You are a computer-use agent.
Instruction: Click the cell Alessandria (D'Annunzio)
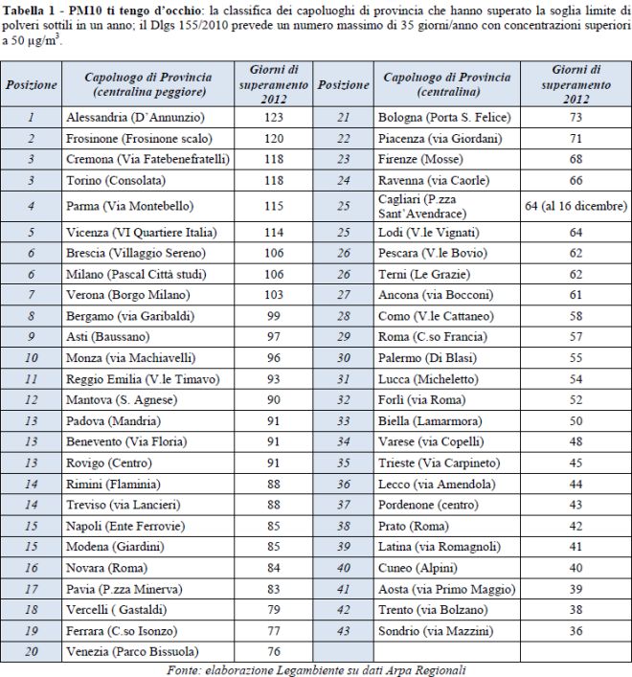pyautogui.click(x=134, y=117)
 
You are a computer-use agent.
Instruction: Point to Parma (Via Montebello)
pyautogui.click(x=129, y=206)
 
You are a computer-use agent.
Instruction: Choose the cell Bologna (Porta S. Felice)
pyautogui.click(x=449, y=117)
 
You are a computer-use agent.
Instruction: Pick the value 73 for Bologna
pyautogui.click(x=576, y=117)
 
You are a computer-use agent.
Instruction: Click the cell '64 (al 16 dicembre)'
pyautogui.click(x=576, y=206)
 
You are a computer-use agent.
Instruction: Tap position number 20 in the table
pyautogui.click(x=32, y=651)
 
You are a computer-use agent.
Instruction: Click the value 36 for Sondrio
pyautogui.click(x=576, y=630)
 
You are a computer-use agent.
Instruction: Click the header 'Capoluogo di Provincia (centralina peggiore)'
pyautogui.click(x=147, y=84)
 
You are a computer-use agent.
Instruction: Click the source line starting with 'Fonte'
pyautogui.click(x=316, y=669)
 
